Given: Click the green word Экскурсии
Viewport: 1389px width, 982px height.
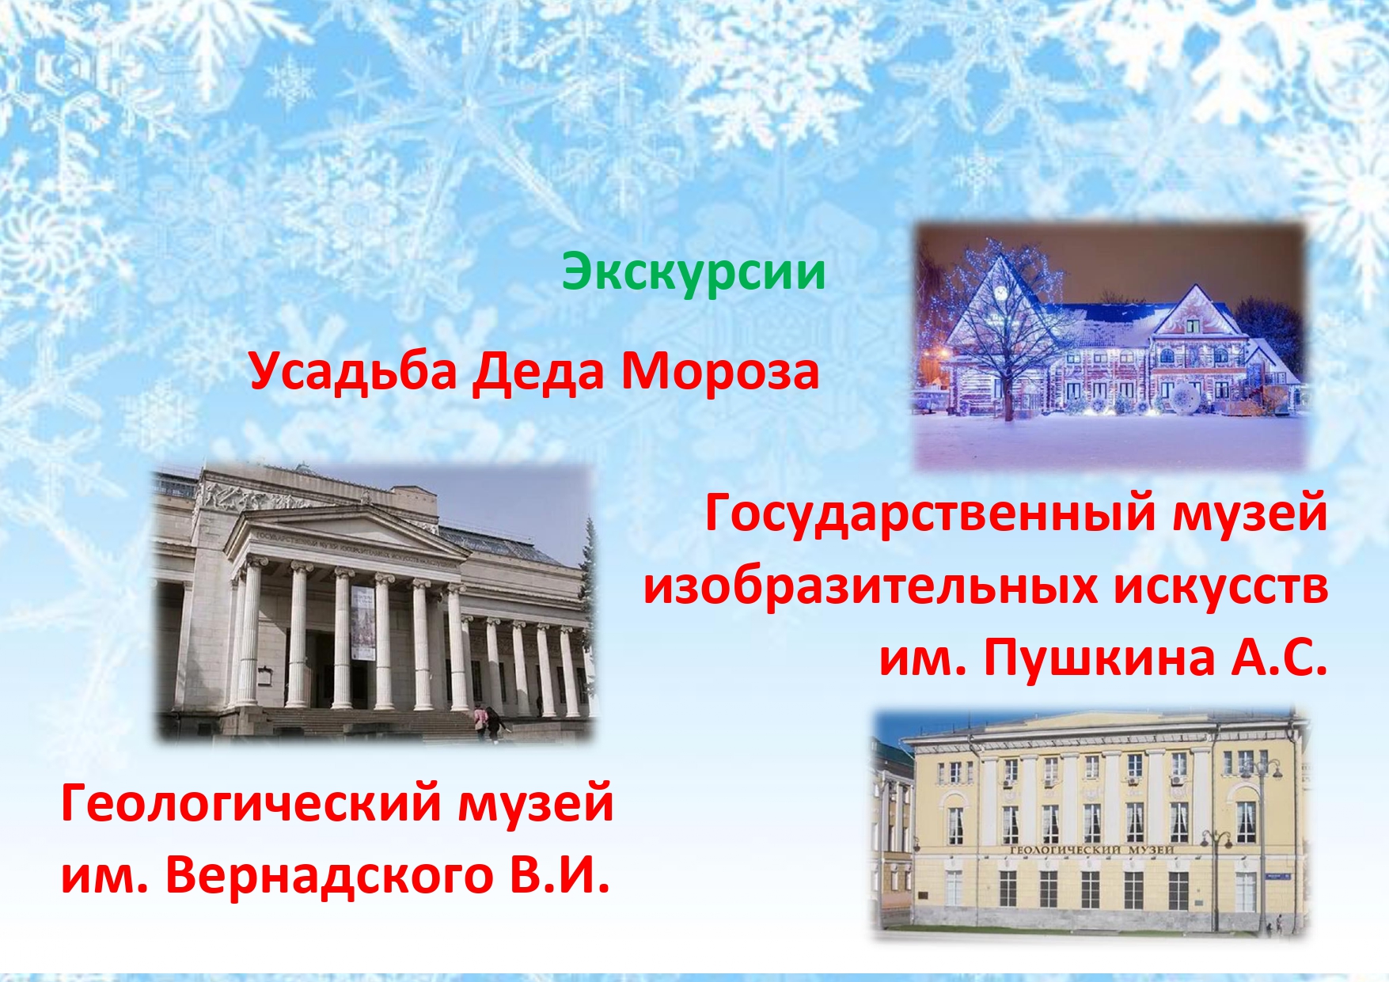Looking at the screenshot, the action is click(694, 272).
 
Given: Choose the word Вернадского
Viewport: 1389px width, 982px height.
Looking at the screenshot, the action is click(329, 875).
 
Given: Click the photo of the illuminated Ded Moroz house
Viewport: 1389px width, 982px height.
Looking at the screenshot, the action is click(1110, 345).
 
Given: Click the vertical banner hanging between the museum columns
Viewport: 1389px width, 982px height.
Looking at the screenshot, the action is click(362, 623).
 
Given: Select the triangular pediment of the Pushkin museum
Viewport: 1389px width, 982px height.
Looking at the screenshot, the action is click(346, 536).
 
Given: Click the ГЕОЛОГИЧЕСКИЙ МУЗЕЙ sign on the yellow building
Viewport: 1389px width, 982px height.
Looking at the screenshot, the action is click(1091, 849).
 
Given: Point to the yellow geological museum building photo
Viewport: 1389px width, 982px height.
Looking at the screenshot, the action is click(1091, 825).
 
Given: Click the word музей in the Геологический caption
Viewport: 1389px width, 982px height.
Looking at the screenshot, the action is click(536, 804).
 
